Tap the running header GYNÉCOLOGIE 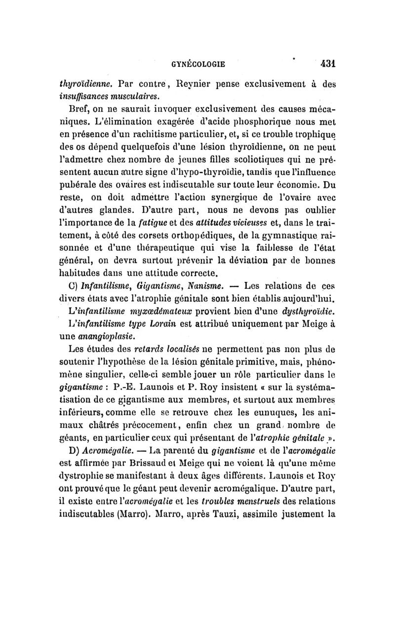click(x=198, y=64)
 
